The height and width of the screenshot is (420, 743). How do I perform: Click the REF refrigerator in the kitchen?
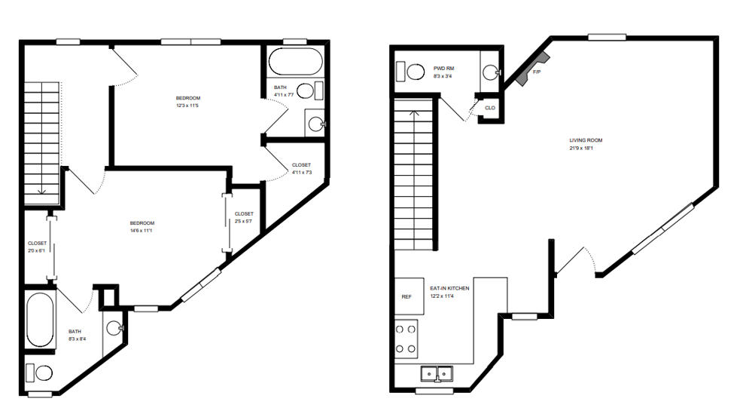(407, 297)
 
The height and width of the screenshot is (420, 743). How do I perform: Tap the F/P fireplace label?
(537, 72)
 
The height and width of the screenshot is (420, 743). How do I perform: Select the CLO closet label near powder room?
(490, 108)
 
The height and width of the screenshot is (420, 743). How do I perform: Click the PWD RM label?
(443, 68)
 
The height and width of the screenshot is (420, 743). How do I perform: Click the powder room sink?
(490, 72)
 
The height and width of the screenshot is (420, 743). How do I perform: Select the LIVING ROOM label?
(586, 140)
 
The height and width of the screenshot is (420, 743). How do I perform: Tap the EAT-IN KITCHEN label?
(449, 289)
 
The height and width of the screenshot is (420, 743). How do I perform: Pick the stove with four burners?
(407, 338)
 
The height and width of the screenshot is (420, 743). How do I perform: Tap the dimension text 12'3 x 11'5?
(188, 106)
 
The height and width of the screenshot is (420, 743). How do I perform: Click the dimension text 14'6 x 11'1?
(142, 231)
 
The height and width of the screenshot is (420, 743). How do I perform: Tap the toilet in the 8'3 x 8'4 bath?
(41, 372)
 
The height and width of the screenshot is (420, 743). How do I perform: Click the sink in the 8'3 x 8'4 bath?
(114, 328)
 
